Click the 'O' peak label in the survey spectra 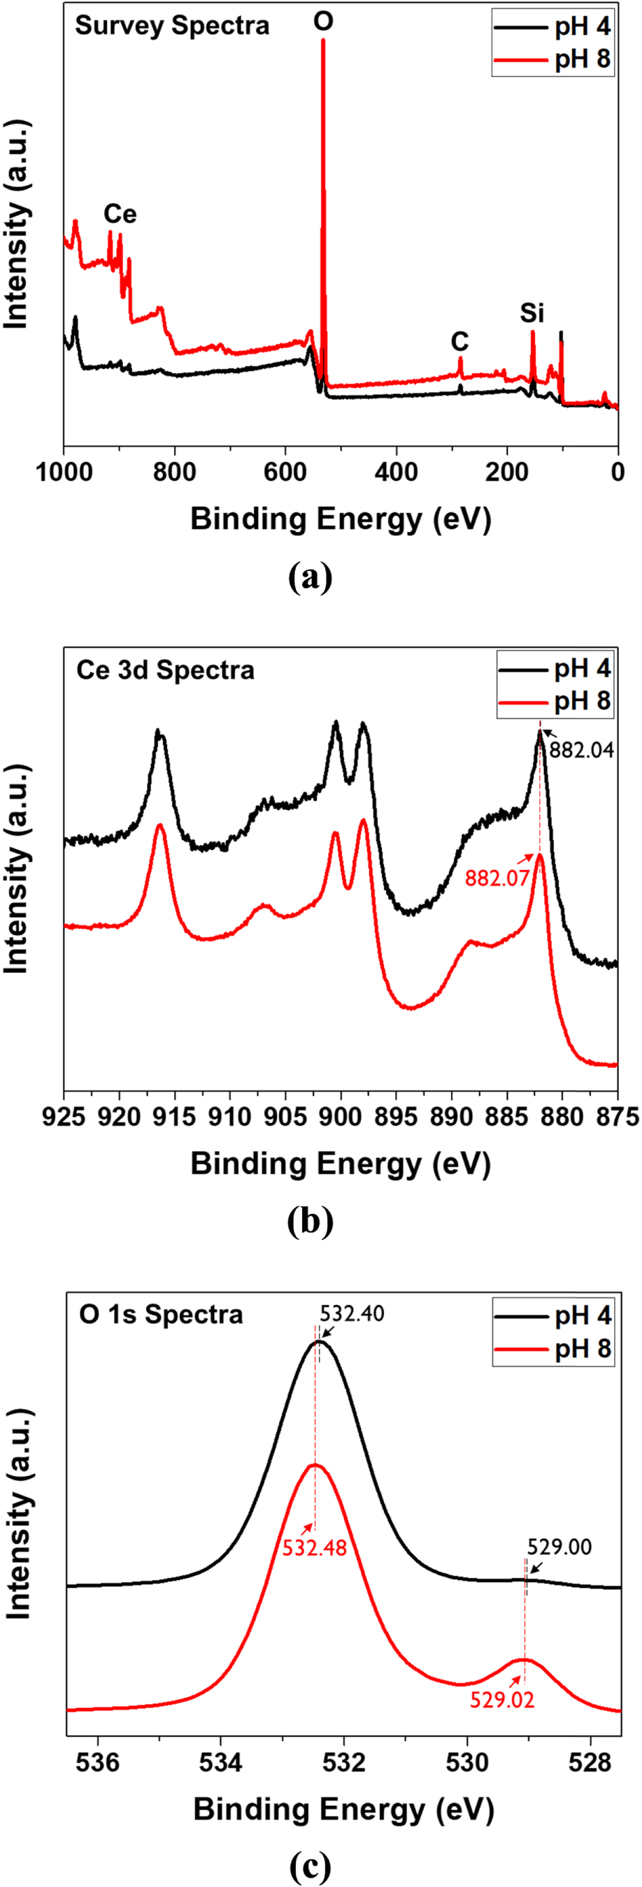point(323,21)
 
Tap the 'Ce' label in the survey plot point(120,214)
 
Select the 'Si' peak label point(532,314)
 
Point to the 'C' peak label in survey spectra point(459,341)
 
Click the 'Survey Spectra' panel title point(172,27)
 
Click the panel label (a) point(310,578)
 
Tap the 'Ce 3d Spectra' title point(165,670)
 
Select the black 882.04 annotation point(581,750)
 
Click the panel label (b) point(310,1221)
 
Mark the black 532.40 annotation point(352,1313)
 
